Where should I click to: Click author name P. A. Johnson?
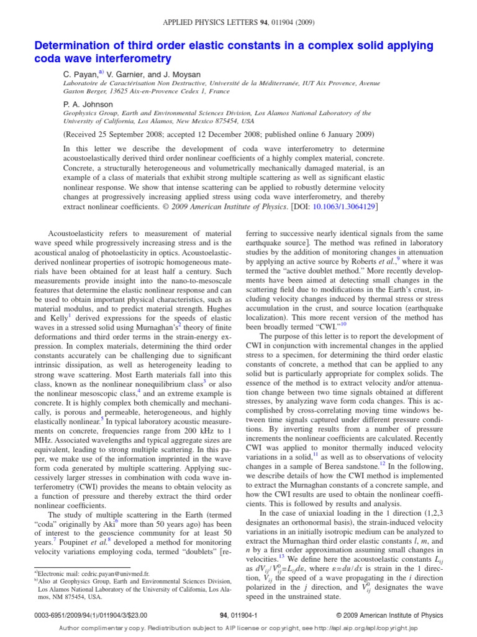pos(89,105)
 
